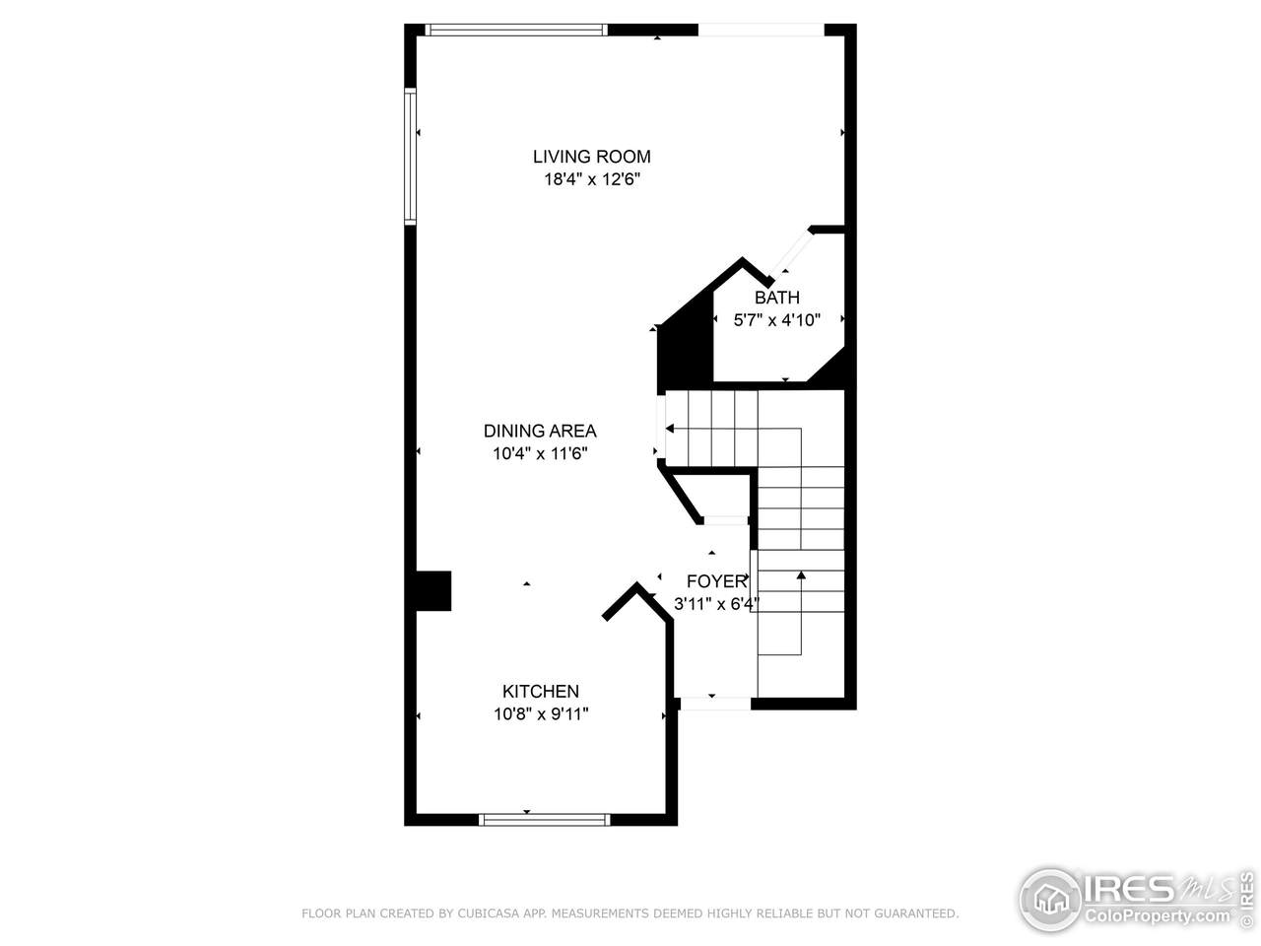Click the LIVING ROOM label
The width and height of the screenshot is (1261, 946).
point(592,157)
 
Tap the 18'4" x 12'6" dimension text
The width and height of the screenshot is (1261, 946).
point(592,179)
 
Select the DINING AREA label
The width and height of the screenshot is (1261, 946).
point(540,431)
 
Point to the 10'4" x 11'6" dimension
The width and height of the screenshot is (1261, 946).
point(540,453)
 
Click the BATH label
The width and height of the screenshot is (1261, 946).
point(776,298)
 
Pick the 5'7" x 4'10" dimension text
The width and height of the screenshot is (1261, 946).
point(776,320)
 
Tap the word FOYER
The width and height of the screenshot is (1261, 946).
point(716,581)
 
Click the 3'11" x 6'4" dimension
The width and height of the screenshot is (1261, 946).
point(716,604)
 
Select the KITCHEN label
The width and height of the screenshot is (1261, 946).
point(541,691)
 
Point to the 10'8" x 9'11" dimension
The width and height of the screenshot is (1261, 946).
point(541,714)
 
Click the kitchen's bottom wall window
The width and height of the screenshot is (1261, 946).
point(545,820)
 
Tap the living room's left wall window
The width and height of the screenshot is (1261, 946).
point(410,157)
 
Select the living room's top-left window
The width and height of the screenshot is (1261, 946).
point(516,30)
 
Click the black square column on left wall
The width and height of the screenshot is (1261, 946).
point(433,590)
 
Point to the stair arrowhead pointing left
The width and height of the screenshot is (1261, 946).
point(670,429)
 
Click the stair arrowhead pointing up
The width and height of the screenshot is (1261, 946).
point(801,574)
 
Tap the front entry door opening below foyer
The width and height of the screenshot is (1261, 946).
point(715,704)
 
